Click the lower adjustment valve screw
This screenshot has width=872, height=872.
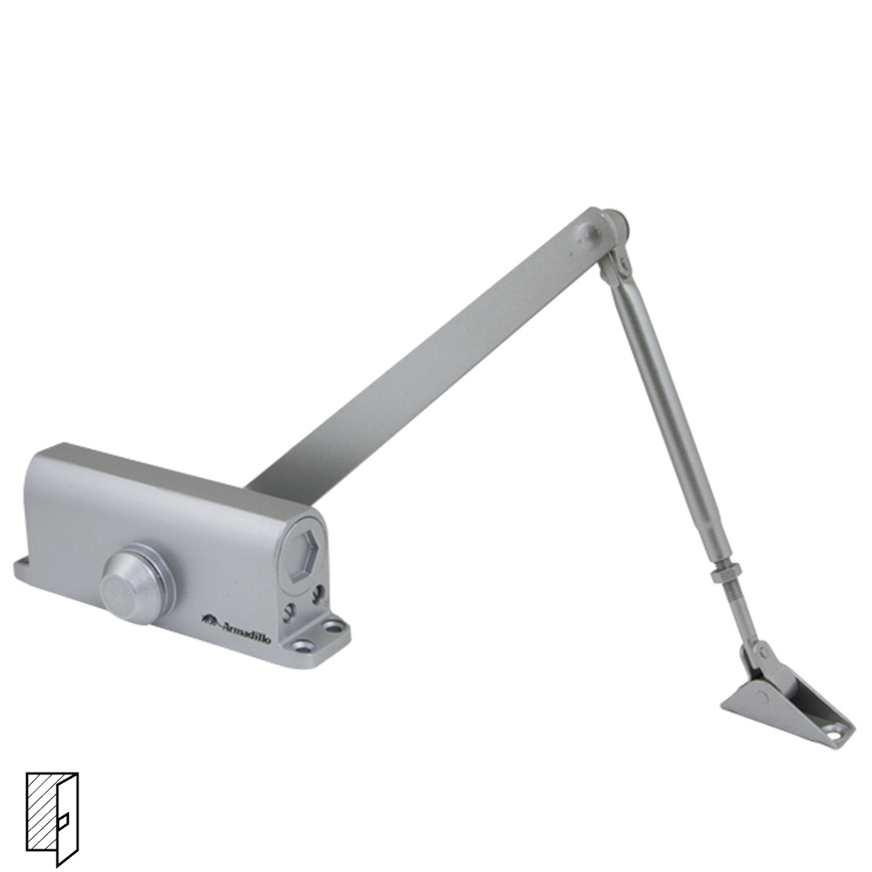pos(288,612)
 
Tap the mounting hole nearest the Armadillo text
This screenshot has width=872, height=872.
pos(303,647)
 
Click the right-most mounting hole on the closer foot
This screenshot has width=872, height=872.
pos(335,627)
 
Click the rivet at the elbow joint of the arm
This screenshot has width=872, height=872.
pos(590,233)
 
